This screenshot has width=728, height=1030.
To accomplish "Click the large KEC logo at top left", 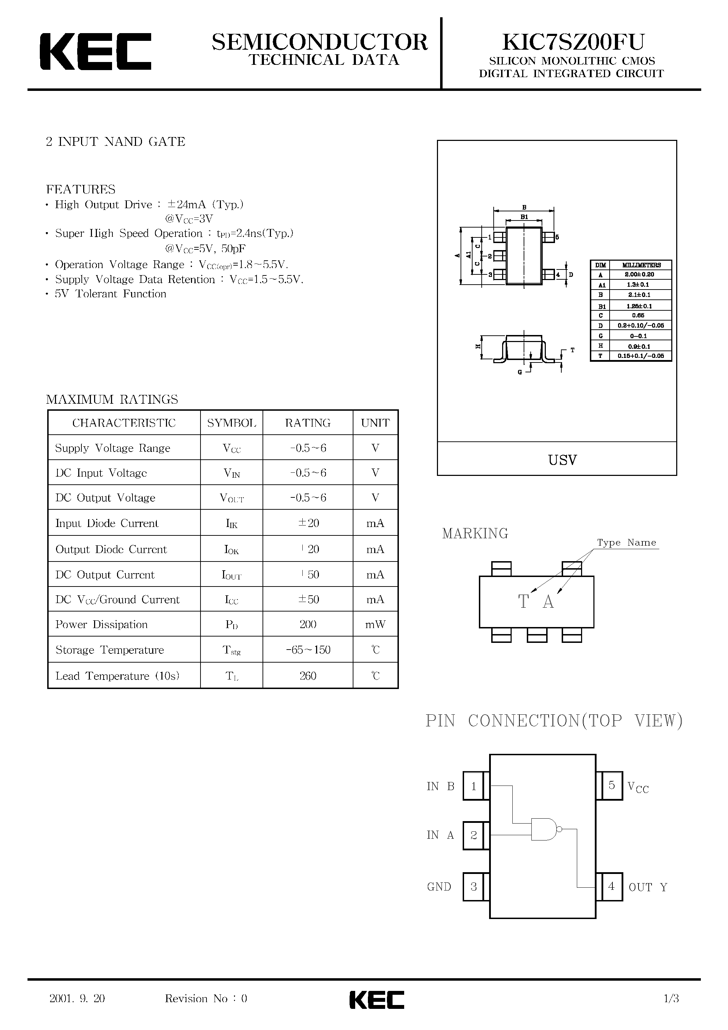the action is coord(95,51).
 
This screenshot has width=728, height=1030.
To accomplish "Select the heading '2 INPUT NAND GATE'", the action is coord(115,142).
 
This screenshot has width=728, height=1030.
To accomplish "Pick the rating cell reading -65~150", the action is coord(308,650).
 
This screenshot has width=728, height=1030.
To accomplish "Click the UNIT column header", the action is coord(375,423).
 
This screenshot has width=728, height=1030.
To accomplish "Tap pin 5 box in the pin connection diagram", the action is coord(611,786).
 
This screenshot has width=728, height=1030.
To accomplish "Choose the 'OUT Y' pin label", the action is coord(648,887).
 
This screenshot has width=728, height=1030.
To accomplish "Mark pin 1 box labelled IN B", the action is coord(474,786).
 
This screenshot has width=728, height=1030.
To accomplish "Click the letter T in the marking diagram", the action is coord(523,602).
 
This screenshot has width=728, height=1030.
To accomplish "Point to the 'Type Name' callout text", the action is coord(626,543).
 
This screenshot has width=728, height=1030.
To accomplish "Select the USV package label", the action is coord(562,460).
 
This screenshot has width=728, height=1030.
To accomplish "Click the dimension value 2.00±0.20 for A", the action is coord(639,274).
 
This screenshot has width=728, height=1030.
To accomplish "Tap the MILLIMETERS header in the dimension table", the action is coord(641,265).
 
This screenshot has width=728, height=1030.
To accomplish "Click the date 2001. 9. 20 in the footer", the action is coord(77,998).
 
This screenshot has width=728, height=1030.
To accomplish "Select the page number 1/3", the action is coord(671,998).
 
